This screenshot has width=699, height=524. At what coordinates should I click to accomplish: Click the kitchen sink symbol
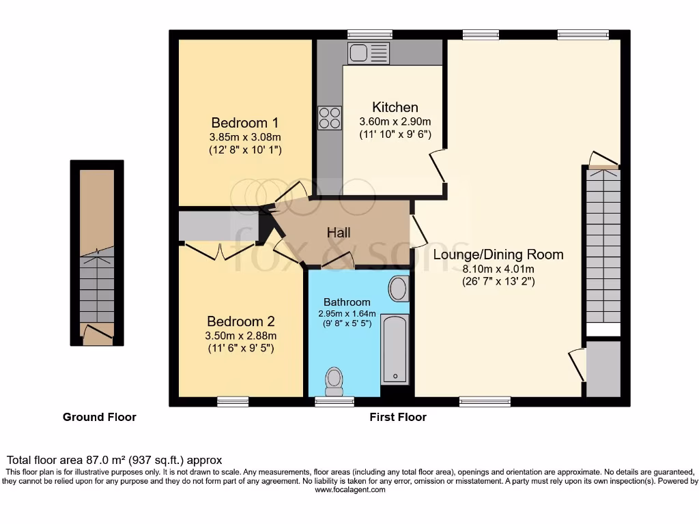click(x=368, y=53)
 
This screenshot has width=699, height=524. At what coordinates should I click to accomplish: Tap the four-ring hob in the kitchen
click(x=329, y=118)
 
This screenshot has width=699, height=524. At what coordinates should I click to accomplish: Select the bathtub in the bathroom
click(x=394, y=349)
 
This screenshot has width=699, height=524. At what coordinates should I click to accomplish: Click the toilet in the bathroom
click(x=334, y=381)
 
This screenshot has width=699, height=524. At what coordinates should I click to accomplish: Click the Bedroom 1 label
click(x=245, y=123)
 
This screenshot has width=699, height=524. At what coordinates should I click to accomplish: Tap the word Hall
click(x=339, y=233)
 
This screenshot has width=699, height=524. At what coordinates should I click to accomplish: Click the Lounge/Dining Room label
click(x=498, y=254)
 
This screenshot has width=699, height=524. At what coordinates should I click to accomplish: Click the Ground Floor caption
click(x=99, y=417)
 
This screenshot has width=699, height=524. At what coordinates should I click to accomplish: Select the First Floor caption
click(x=398, y=417)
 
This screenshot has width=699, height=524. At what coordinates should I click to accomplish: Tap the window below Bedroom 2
click(x=233, y=402)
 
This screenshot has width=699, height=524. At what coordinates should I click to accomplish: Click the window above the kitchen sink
click(x=369, y=34)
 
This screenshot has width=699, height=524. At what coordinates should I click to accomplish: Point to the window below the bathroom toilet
click(x=334, y=402)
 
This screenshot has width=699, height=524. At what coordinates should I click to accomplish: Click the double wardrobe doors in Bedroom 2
click(x=220, y=251)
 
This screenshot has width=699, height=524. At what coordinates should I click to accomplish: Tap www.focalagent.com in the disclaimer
click(x=349, y=490)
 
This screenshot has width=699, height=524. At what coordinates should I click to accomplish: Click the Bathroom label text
click(x=347, y=302)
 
